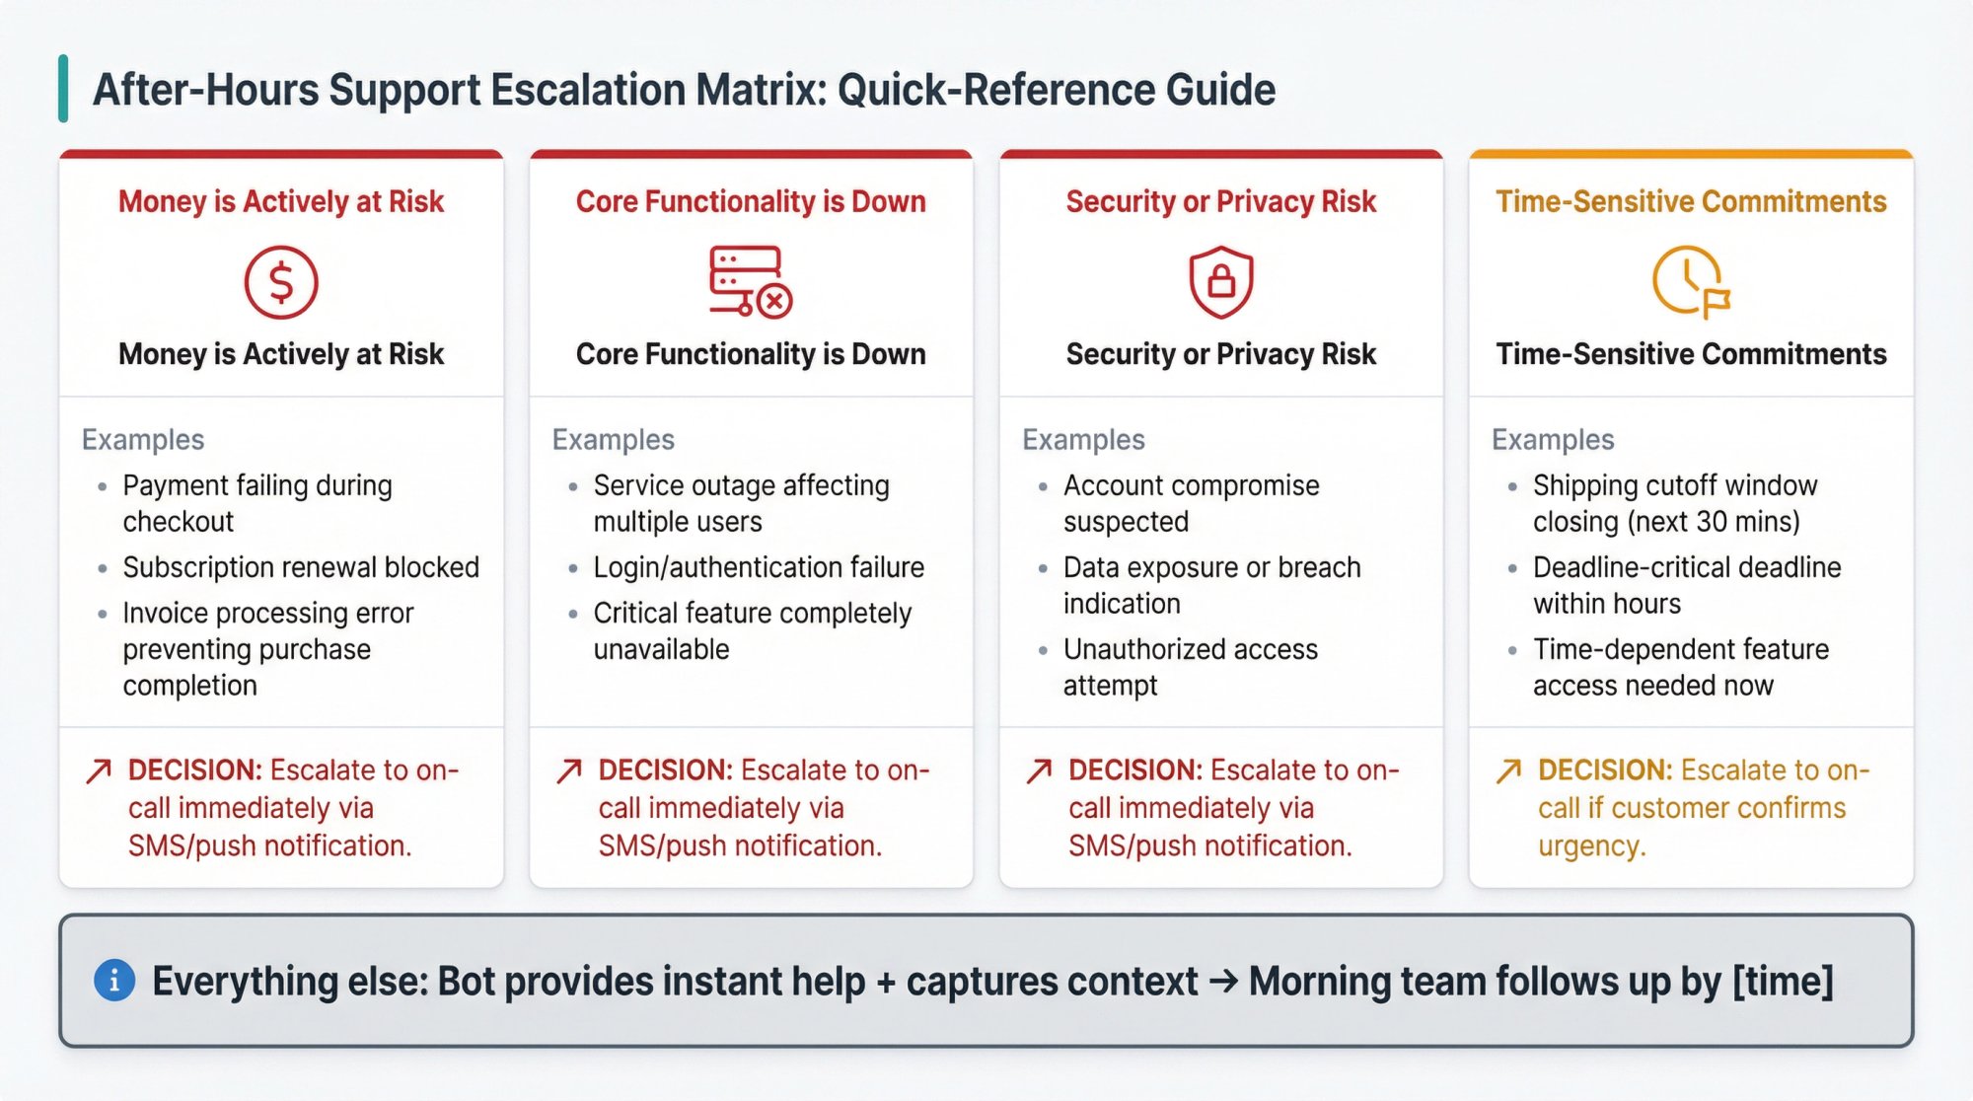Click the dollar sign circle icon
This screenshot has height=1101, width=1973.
point(281,282)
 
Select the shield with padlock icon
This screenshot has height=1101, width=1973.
point(1221,282)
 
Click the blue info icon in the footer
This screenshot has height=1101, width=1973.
point(114,981)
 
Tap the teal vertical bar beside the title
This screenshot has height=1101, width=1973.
point(63,89)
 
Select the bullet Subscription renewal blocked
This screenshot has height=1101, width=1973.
point(300,567)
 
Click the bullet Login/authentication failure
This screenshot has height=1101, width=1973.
point(758,567)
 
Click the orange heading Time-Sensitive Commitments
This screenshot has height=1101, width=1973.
point(1691,201)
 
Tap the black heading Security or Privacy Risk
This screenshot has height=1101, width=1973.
point(1220,354)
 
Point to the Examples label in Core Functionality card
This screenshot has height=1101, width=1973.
point(613,439)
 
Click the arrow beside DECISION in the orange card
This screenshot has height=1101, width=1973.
point(1508,771)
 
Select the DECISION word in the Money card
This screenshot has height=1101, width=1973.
point(194,770)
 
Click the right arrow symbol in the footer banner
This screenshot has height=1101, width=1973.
point(1223,981)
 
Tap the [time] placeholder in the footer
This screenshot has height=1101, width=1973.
point(1783,981)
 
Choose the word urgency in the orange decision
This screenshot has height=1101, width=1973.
point(1589,845)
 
